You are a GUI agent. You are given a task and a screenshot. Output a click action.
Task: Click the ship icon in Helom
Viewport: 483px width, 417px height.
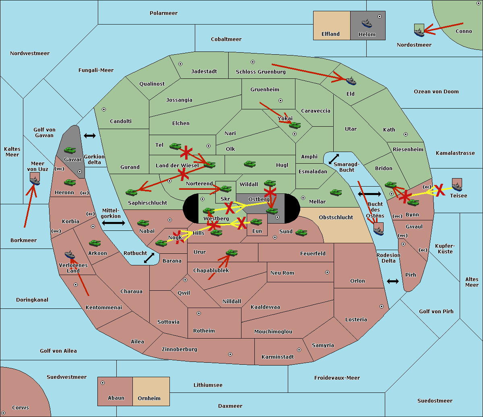[x=367, y=23]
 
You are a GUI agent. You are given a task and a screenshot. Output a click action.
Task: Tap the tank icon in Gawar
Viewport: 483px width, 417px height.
[x=70, y=150]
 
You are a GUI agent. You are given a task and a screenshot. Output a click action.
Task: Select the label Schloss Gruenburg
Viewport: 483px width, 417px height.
[x=260, y=72]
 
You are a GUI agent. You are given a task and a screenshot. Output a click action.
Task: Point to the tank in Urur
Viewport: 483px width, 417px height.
[x=231, y=253]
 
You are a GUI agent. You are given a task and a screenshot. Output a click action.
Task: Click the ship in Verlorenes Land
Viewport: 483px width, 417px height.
[x=70, y=255]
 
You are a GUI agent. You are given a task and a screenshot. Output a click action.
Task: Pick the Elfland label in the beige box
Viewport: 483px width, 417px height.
[x=330, y=34]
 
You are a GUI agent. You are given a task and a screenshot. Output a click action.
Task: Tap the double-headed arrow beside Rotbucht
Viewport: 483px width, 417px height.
[x=149, y=258]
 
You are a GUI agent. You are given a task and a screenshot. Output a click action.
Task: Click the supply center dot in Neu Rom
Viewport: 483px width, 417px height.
[x=327, y=272]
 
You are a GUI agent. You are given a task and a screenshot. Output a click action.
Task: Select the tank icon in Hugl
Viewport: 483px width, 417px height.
[x=250, y=164]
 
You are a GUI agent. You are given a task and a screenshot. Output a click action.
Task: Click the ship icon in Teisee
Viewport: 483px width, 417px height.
[x=457, y=187]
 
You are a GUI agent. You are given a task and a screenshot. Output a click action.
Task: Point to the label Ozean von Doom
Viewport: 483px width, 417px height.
[x=436, y=92]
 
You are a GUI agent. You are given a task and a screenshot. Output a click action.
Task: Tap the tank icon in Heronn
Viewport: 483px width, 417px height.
[x=70, y=182]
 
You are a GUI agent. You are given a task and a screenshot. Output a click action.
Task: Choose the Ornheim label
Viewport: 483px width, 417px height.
[x=149, y=398]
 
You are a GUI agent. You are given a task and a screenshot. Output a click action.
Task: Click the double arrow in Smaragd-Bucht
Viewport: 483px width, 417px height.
[x=334, y=159]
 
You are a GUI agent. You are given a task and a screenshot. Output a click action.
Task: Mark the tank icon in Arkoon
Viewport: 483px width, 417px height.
[x=95, y=243]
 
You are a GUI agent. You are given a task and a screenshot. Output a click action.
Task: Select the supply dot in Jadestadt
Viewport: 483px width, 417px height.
[x=180, y=64]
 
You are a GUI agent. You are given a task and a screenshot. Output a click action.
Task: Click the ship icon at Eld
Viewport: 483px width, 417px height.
[x=351, y=81]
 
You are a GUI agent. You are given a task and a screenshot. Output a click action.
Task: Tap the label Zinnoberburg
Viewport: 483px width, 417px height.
[x=180, y=349]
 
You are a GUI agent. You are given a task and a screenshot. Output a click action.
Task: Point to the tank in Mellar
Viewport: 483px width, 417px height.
[x=336, y=193]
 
